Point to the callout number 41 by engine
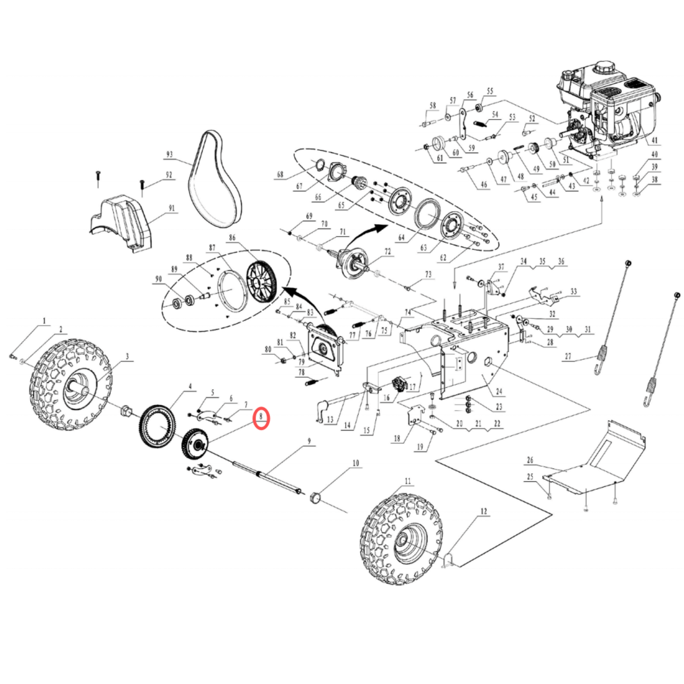click(655, 140)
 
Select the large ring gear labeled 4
click(157, 426)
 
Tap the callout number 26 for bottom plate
click(530, 460)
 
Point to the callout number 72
click(387, 251)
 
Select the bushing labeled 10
click(315, 498)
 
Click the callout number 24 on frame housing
click(499, 391)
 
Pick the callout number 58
click(433, 105)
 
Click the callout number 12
click(484, 511)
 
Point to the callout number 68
click(280, 174)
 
